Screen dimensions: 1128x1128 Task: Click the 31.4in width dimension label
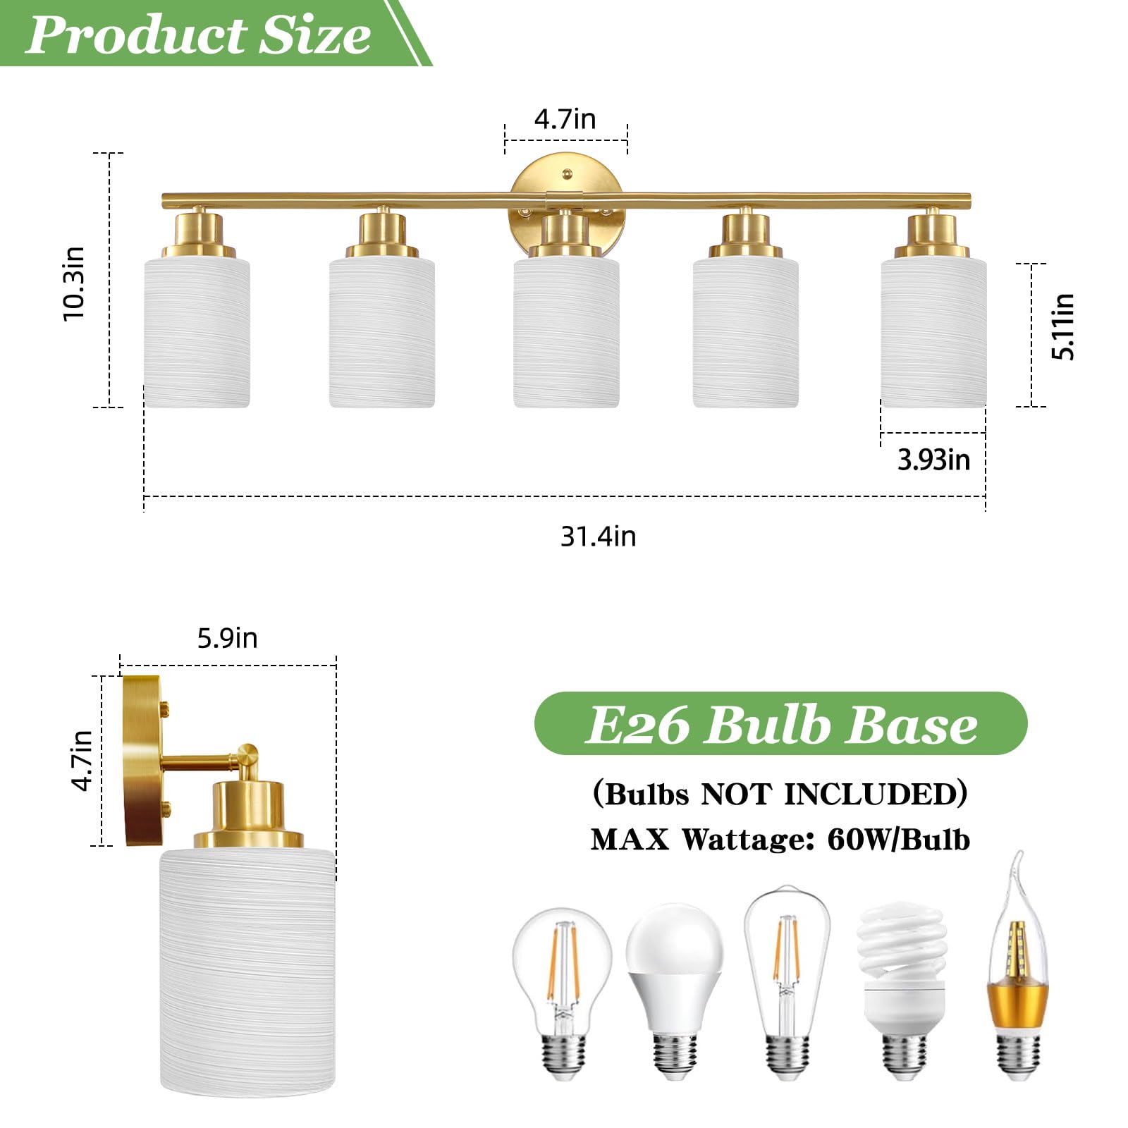598,537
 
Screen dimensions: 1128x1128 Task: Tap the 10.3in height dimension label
73,283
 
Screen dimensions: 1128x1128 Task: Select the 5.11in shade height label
1062,326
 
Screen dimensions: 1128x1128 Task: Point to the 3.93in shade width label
933,460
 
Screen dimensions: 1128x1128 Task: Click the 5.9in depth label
227,638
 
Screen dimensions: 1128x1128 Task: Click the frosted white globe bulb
675,987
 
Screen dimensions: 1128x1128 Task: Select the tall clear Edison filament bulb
787,980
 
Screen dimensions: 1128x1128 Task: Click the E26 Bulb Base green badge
780,724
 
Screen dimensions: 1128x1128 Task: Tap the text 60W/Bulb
898,840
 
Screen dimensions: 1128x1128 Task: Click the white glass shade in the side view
247,973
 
